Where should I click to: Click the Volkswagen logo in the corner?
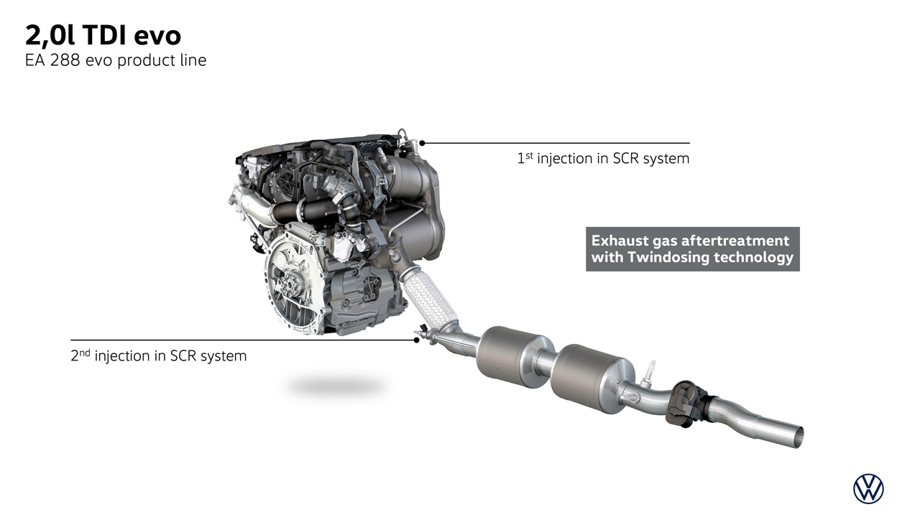click(x=869, y=489)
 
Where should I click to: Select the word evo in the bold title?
click(x=157, y=37)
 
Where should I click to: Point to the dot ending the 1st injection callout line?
click(x=422, y=143)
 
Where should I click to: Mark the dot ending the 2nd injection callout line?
click(x=416, y=340)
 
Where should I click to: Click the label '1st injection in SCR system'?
click(x=603, y=159)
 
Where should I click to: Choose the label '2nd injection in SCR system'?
click(x=159, y=355)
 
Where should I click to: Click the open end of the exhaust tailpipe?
click(x=798, y=437)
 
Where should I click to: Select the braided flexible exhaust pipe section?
click(x=431, y=297)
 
